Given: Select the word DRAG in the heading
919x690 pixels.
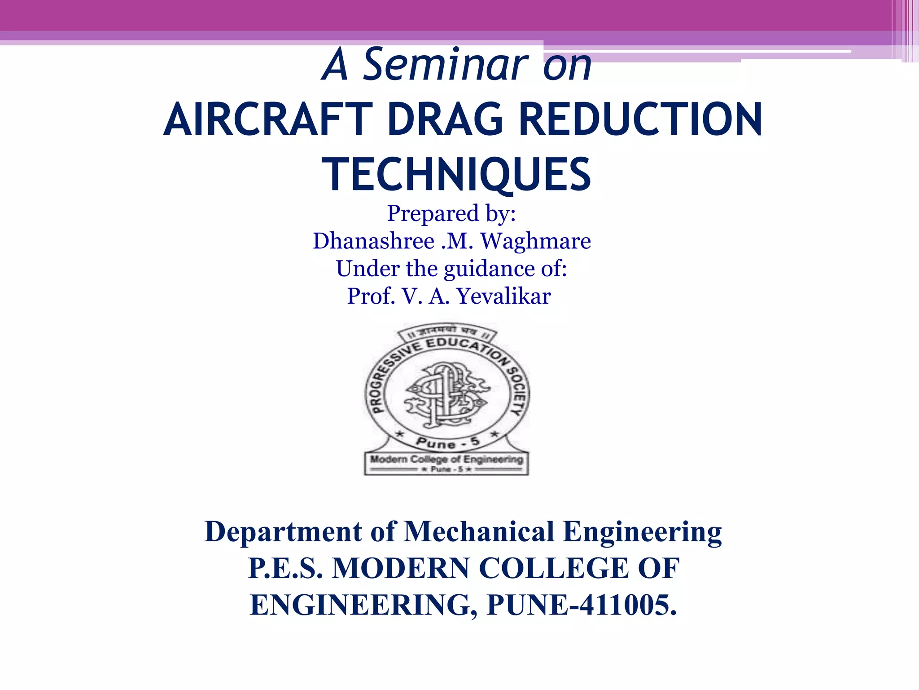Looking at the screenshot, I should tap(445, 120).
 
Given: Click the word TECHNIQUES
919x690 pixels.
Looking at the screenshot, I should tap(456, 175).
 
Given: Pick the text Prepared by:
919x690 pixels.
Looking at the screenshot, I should tap(451, 213).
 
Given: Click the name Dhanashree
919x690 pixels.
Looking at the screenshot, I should tap(373, 241).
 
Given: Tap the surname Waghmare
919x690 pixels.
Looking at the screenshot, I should tap(536, 241).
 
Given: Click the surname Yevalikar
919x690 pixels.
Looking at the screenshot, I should tap(503, 296).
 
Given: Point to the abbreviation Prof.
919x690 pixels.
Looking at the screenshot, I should tap(371, 296).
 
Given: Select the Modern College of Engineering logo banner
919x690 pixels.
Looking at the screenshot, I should tap(446, 463).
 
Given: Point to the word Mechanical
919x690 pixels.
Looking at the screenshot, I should tap(479, 532).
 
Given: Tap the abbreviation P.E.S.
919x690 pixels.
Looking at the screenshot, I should tap(285, 569).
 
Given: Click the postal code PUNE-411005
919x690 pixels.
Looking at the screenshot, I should tap(582, 606).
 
